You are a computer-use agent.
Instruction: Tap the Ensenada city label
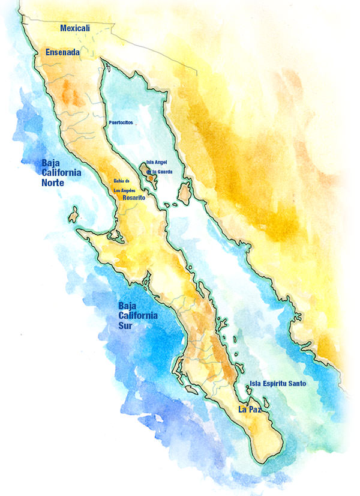pyautogui.click(x=63, y=53)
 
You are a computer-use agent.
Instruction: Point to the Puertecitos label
pyautogui.click(x=121, y=122)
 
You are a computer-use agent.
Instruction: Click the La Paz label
pyautogui.click(x=250, y=410)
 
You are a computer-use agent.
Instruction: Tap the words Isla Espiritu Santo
pyautogui.click(x=278, y=383)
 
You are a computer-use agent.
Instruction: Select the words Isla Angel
pyautogui.click(x=157, y=162)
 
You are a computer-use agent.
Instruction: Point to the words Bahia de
pyautogui.click(x=122, y=181)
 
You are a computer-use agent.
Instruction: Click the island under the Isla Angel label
pyautogui.click(x=148, y=177)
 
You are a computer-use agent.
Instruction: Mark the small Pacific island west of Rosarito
pyautogui.click(x=75, y=214)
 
